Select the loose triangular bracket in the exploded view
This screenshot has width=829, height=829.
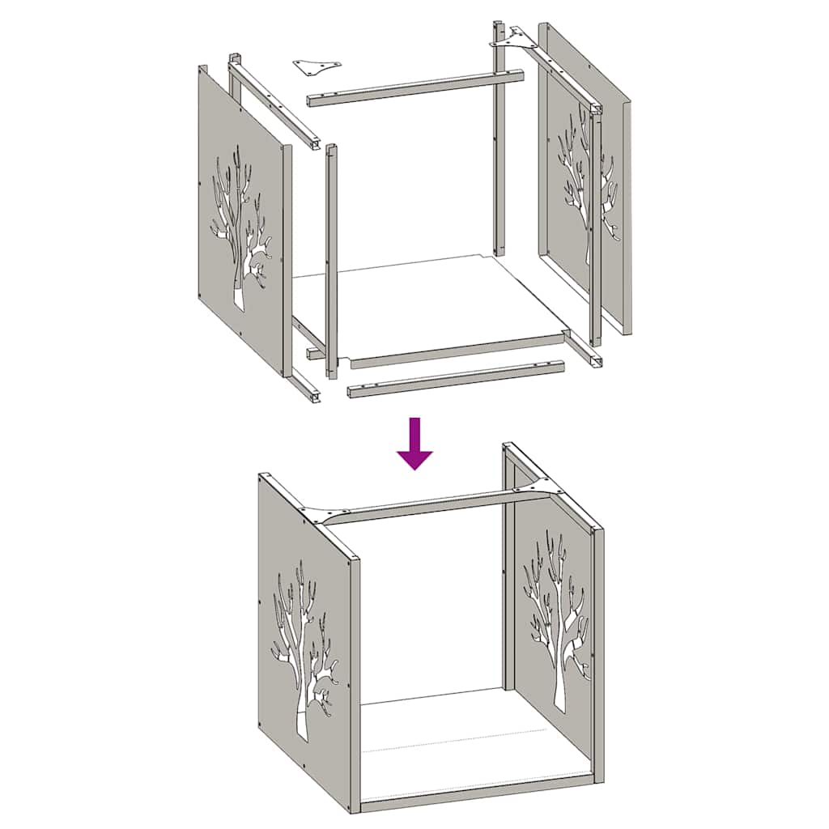tap(317, 66)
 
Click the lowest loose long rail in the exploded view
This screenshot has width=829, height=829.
tap(456, 379)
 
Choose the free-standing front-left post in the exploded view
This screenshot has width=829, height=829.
tap(331, 259)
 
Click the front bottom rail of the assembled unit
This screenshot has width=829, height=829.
tap(478, 793)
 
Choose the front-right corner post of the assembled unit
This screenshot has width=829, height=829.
tap(598, 656)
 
